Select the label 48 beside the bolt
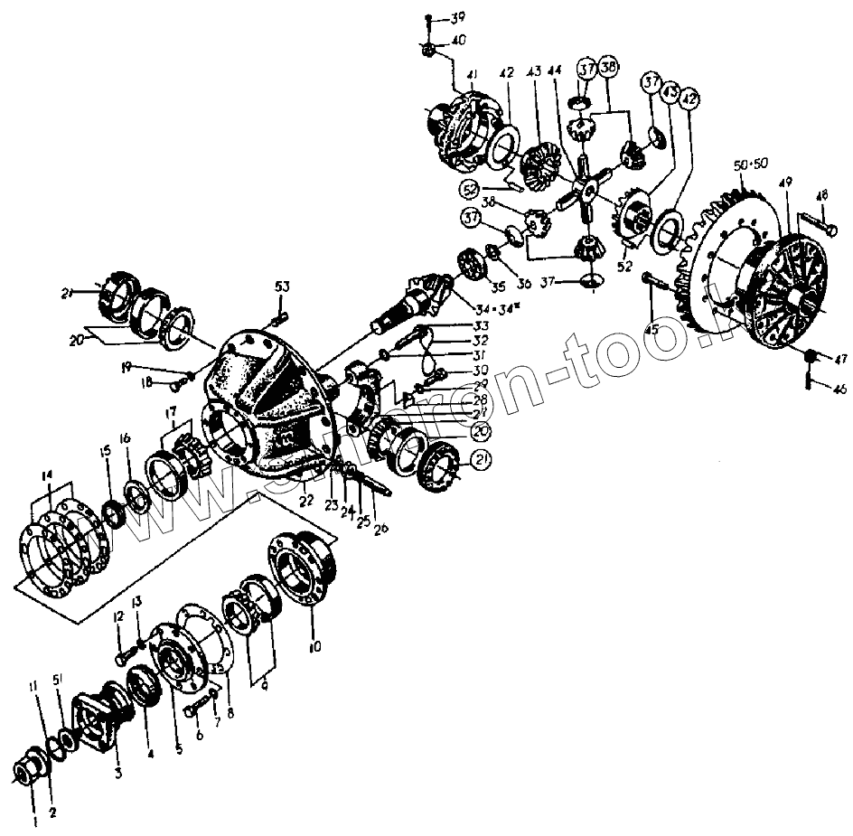(821, 195)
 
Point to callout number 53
(284, 287)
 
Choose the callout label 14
(47, 474)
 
